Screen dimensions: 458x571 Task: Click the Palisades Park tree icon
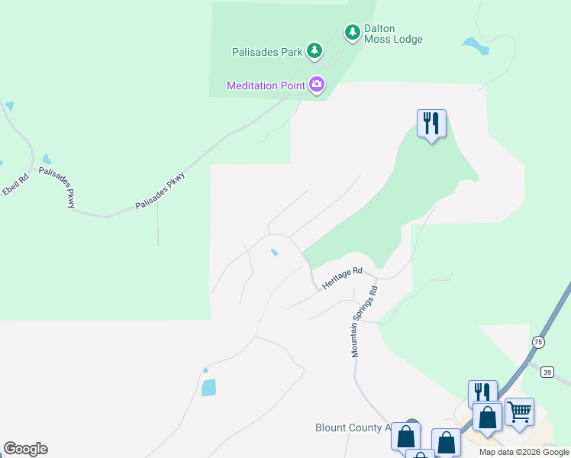[x=314, y=50]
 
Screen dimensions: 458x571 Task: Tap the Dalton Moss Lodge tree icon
[x=352, y=32]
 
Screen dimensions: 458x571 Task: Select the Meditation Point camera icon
[x=317, y=84]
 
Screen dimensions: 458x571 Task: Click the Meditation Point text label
[x=266, y=85]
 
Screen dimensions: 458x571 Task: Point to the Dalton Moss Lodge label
[x=393, y=34]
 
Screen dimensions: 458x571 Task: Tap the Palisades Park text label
[x=267, y=53]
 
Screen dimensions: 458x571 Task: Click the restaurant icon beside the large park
[x=431, y=123]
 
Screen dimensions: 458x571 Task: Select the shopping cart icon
[x=519, y=412]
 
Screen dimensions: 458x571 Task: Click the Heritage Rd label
[x=340, y=277]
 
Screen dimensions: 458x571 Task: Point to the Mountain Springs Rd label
[x=364, y=323]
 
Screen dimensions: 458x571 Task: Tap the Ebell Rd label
[x=15, y=182]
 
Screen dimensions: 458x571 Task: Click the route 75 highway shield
[x=538, y=341]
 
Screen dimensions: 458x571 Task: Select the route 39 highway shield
[x=546, y=372]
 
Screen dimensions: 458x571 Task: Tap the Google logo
[x=25, y=449]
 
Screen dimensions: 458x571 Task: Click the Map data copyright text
[x=524, y=452]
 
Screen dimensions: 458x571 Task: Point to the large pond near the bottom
[x=208, y=387]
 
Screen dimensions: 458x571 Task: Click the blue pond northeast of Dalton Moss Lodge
[x=475, y=45]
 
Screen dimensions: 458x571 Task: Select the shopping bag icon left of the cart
[x=487, y=418]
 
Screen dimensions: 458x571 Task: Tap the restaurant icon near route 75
[x=482, y=392]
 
